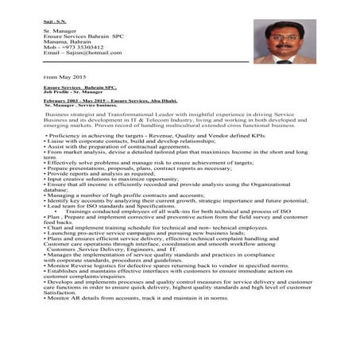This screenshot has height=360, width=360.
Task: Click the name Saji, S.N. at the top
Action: [x=55, y=14]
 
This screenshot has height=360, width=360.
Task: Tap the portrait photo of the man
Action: [x=284, y=41]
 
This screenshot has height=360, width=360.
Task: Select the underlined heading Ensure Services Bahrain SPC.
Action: [x=79, y=87]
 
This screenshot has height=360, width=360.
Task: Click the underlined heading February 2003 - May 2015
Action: [x=95, y=100]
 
